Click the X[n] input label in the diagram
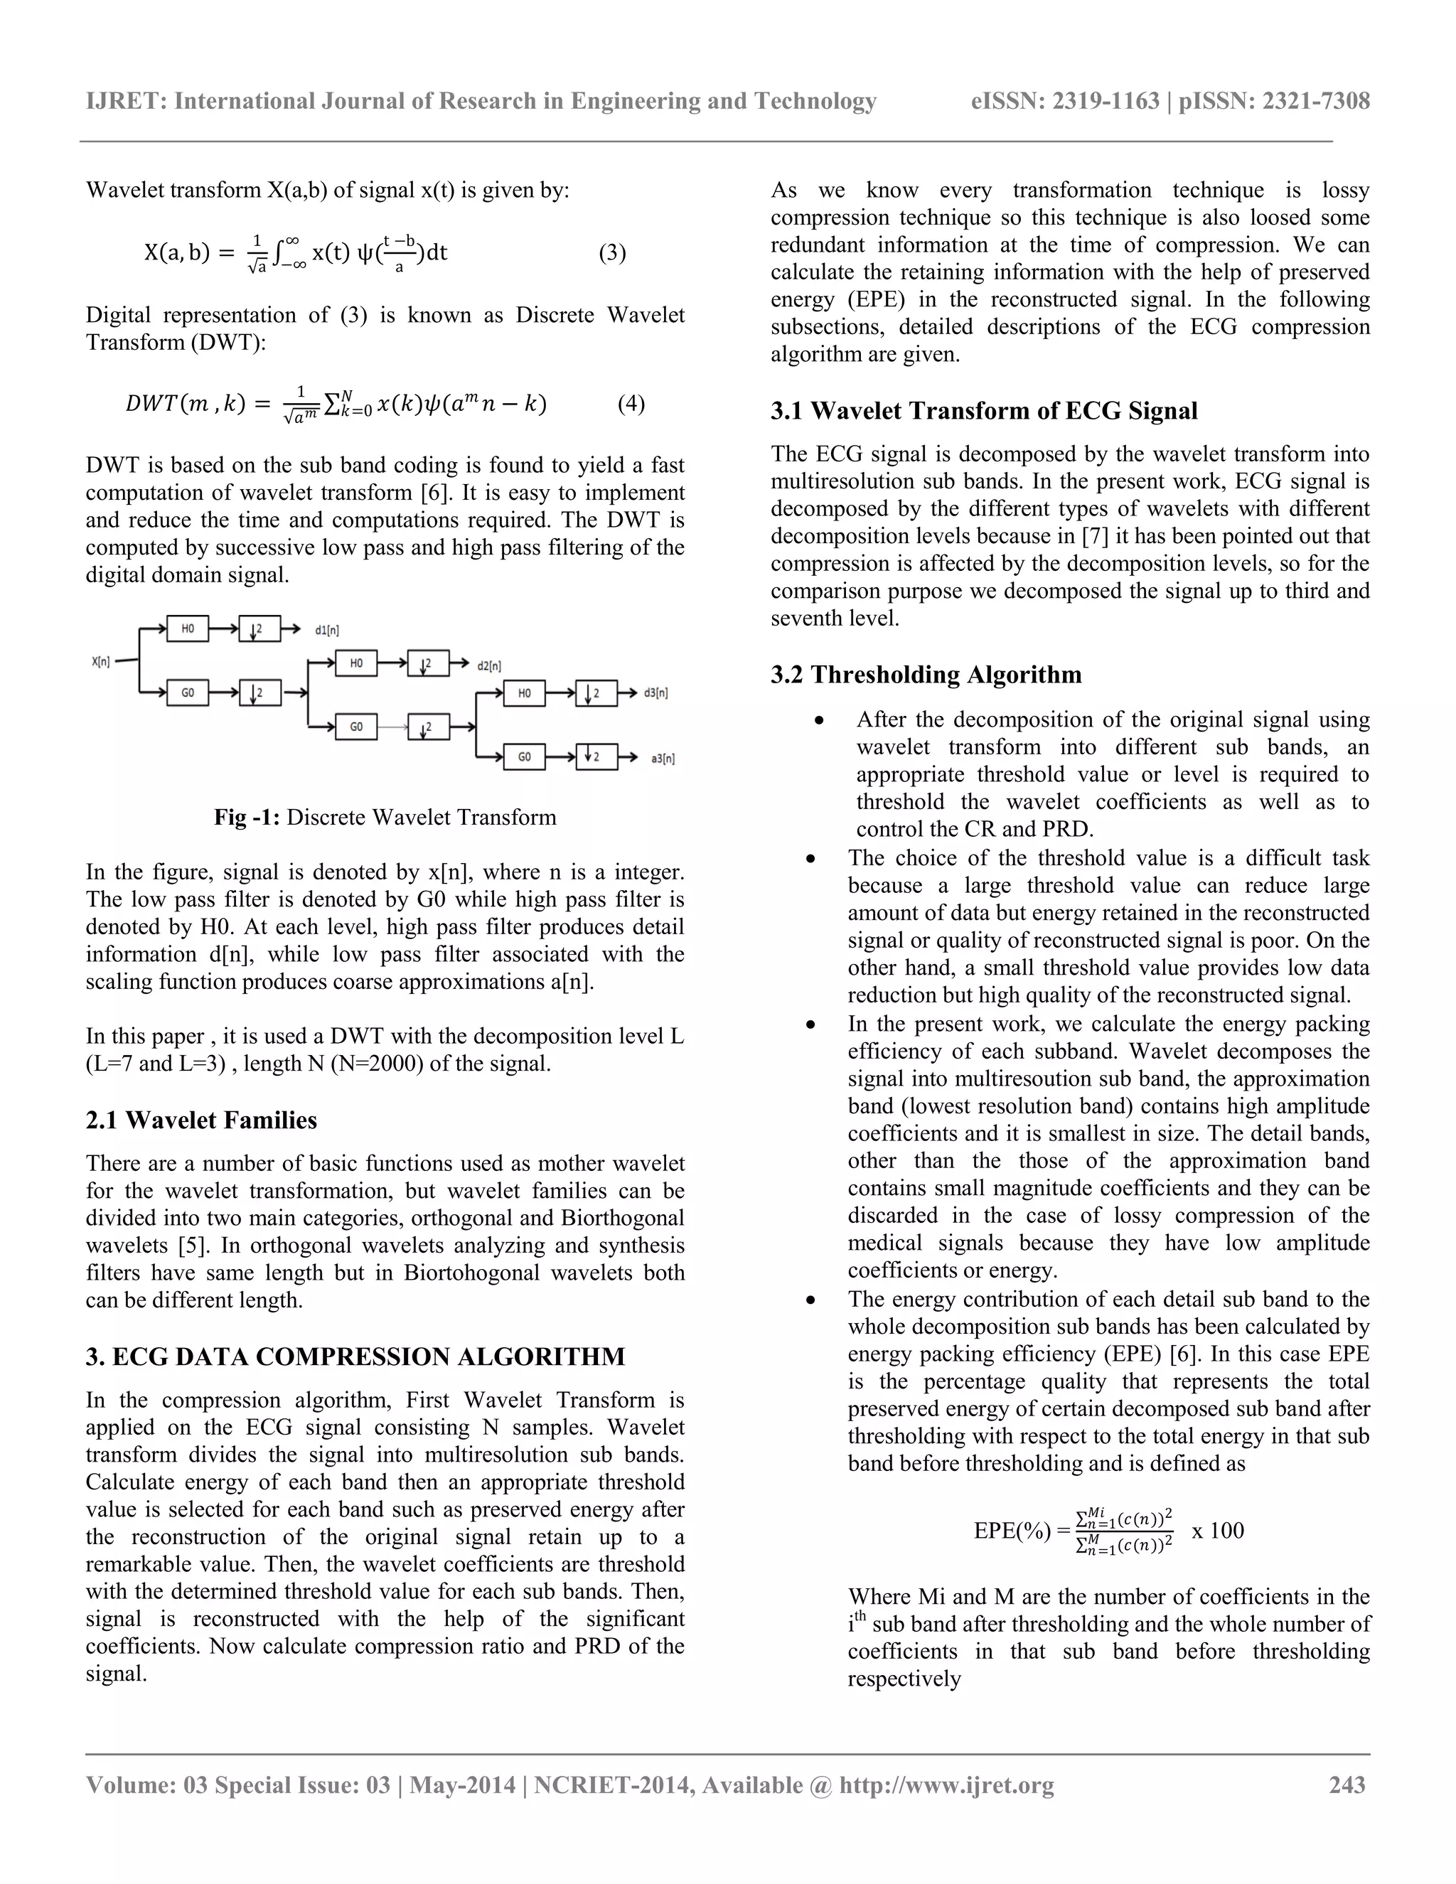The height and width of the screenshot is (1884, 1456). coord(101,662)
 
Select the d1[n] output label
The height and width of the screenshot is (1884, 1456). coord(327,631)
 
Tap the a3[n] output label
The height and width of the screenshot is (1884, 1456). coord(663,759)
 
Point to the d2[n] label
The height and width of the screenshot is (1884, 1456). coord(489,666)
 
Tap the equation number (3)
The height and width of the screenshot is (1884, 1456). coord(612,253)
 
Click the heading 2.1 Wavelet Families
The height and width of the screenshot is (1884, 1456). coord(201,1120)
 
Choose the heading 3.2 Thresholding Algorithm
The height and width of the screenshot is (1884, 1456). coord(926,674)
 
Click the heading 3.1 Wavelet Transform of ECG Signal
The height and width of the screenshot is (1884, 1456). coord(984,411)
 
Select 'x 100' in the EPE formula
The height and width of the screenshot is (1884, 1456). coord(1218,1531)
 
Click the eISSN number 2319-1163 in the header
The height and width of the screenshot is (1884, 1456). coord(1107,101)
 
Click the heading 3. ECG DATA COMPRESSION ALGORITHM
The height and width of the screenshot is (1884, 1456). coord(355,1357)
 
